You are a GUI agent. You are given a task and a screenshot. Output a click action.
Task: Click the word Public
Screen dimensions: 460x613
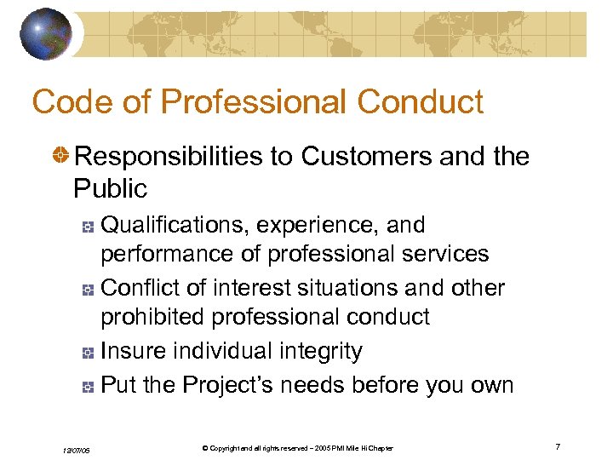[110, 187]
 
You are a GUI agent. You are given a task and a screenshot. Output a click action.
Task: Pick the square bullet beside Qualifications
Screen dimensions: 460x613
[87, 227]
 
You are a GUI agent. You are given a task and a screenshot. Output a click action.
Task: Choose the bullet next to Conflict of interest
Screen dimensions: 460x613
[87, 290]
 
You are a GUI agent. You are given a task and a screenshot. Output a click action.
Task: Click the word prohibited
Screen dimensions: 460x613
[153, 317]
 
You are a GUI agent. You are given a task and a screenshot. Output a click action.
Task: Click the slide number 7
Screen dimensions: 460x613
[557, 446]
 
